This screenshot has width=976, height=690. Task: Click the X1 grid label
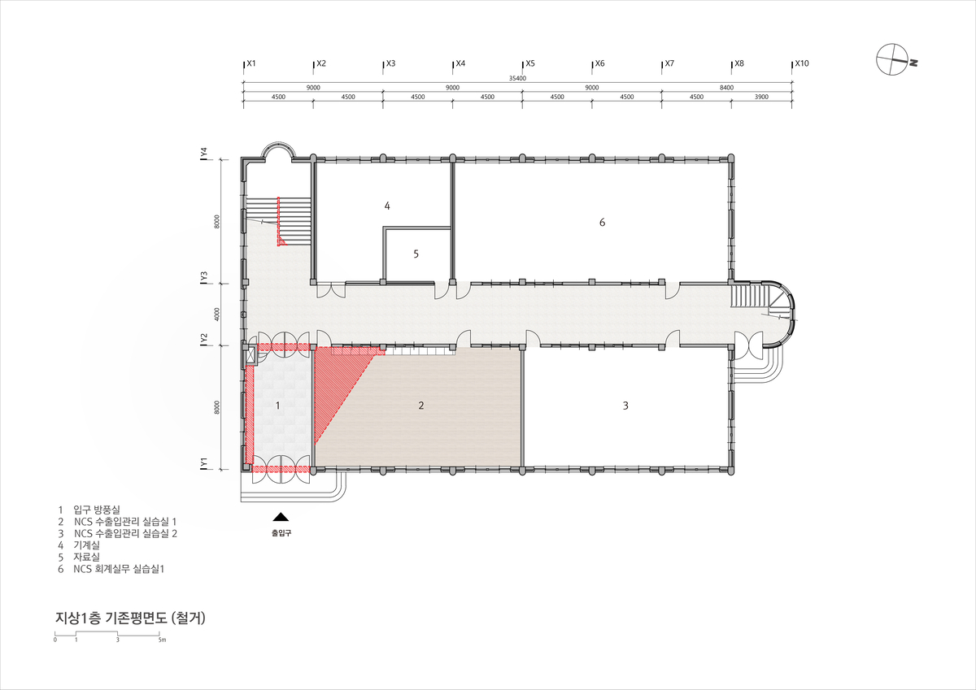(x=251, y=63)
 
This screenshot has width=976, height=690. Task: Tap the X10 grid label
(x=802, y=63)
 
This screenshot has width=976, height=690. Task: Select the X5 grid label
(x=529, y=63)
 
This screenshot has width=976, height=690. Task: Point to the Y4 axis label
(x=203, y=153)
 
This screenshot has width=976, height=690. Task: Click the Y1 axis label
(x=203, y=462)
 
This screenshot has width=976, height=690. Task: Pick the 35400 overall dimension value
(x=517, y=78)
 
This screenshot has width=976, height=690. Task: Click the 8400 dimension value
(x=726, y=88)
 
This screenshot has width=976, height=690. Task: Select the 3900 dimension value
(x=761, y=97)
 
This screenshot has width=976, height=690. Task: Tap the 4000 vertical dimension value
(x=217, y=315)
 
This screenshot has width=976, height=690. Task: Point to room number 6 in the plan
(x=602, y=223)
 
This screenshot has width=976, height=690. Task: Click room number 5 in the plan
(x=416, y=254)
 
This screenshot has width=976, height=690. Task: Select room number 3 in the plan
(x=625, y=406)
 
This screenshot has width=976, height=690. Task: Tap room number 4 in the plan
(x=387, y=206)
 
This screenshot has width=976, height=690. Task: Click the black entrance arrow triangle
(x=281, y=517)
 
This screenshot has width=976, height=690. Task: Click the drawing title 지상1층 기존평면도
(x=111, y=618)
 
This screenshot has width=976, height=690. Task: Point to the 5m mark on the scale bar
(x=162, y=640)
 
